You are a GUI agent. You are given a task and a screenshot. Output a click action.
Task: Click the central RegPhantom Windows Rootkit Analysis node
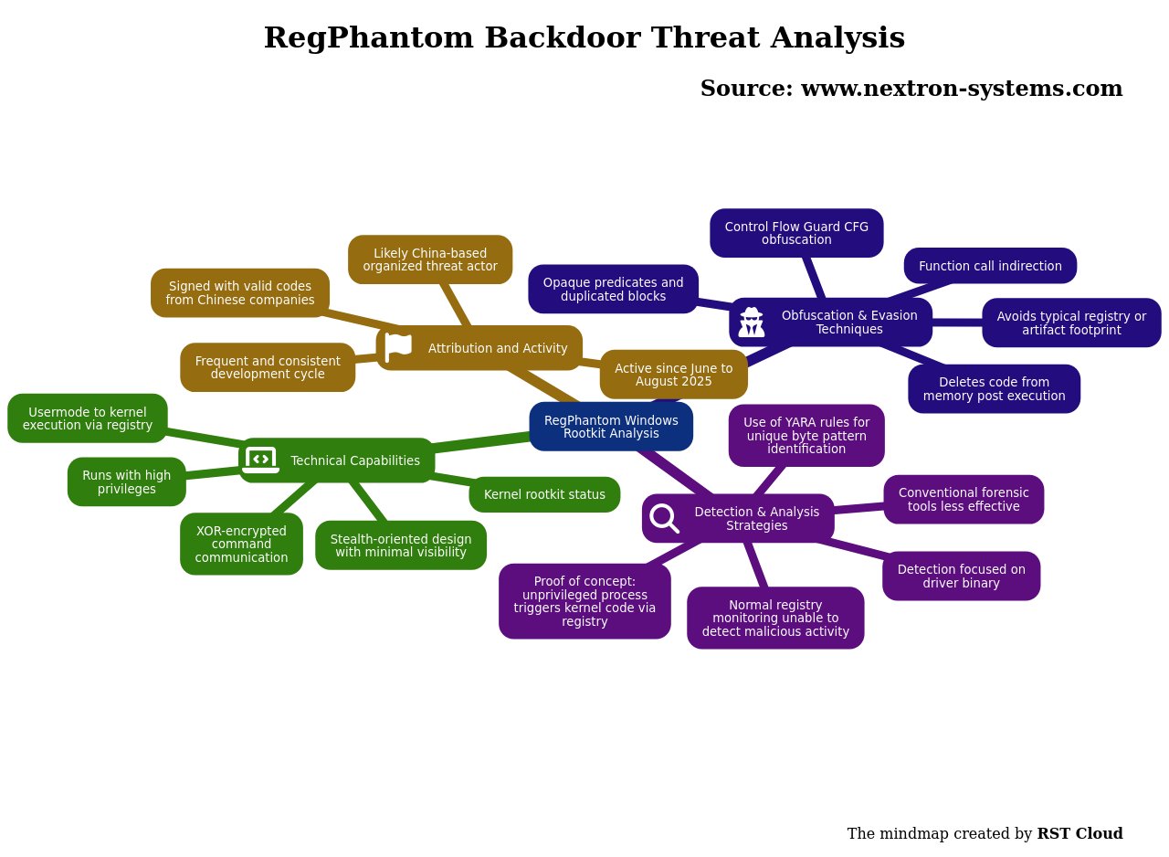coord(611,427)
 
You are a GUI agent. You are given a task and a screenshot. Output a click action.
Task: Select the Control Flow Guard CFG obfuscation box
coord(796,233)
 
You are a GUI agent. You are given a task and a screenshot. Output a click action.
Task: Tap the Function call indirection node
coord(990,266)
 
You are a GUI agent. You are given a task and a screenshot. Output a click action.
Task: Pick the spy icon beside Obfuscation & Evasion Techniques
coord(752,323)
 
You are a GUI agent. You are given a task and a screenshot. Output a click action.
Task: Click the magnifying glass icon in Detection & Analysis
coord(664,518)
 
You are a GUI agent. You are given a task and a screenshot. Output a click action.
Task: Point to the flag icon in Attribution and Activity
coord(398,347)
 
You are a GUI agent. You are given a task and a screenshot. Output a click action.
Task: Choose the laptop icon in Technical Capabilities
coord(261,460)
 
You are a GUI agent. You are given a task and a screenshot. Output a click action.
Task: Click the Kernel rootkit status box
coord(544,494)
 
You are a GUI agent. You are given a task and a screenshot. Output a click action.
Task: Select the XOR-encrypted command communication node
coord(241,544)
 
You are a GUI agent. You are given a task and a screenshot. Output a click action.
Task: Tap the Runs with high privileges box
coord(126,481)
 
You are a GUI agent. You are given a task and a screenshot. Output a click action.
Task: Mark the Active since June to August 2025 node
coord(673,375)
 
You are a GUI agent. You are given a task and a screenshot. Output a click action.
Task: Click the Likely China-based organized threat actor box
coord(429,259)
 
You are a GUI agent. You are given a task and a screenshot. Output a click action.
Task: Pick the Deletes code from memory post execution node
coord(994,389)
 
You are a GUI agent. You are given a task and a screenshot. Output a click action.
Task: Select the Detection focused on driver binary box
coord(961,576)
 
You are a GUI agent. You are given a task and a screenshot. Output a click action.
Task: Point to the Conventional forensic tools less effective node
coord(964,499)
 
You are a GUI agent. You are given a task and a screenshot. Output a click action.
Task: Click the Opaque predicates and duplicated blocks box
coord(613,289)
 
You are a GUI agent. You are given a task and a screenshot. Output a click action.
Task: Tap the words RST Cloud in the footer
coord(1079,833)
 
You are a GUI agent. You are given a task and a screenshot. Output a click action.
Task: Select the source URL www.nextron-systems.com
coord(962,89)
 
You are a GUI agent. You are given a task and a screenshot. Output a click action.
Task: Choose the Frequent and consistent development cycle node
coord(268,367)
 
